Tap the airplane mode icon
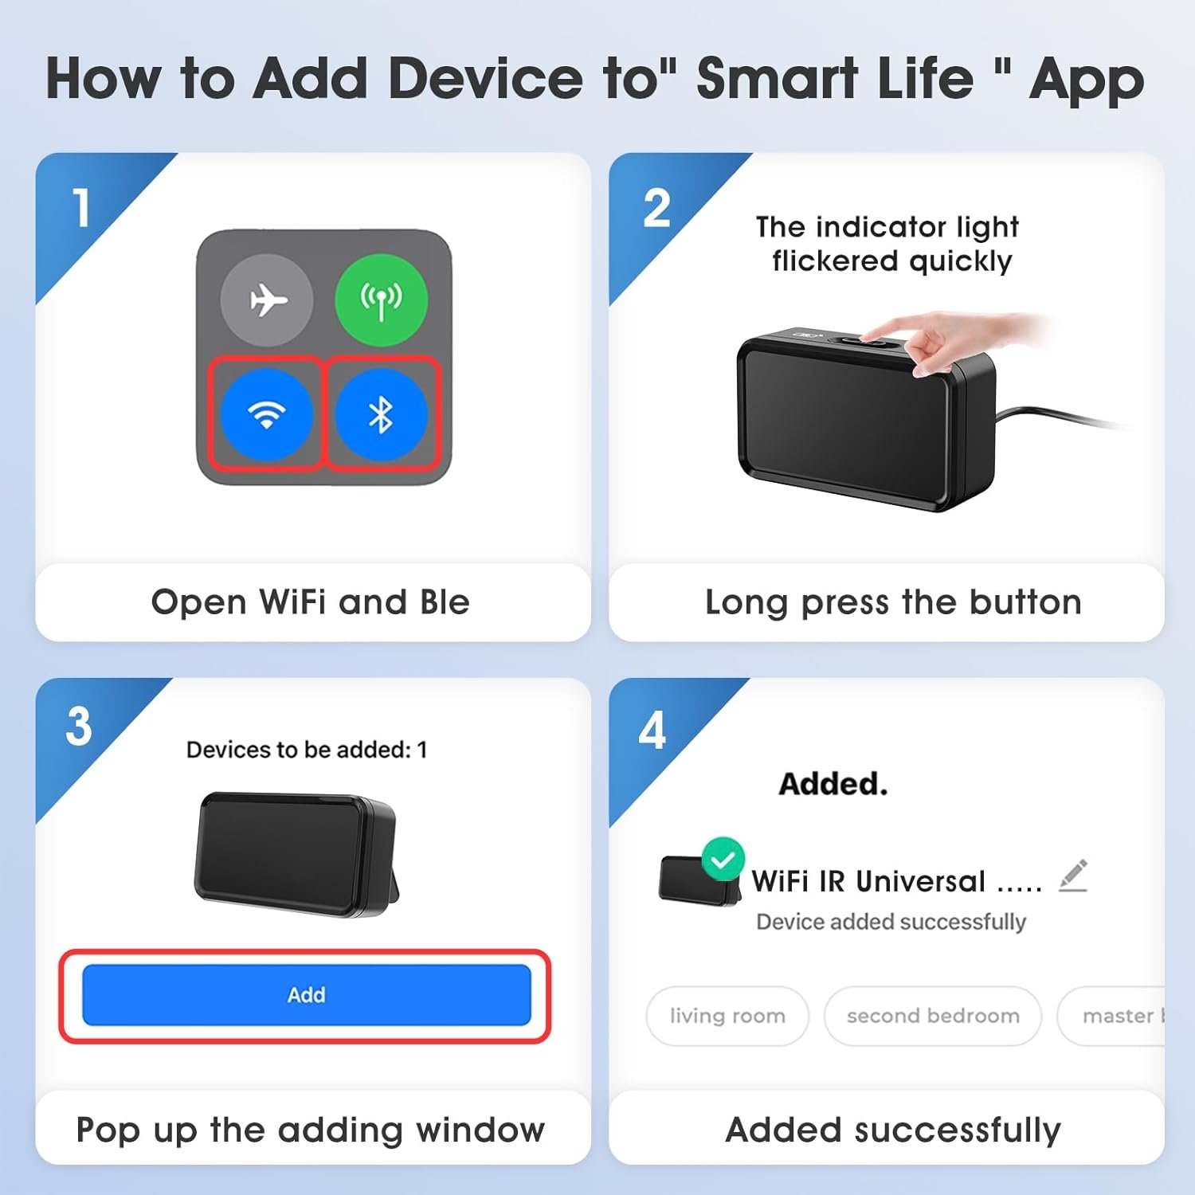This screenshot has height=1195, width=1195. [267, 300]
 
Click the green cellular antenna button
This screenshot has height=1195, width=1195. [381, 300]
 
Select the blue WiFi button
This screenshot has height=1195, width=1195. [267, 414]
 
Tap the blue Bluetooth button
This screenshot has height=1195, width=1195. [381, 414]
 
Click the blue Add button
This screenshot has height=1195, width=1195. [307, 995]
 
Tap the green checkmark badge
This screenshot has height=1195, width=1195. [723, 859]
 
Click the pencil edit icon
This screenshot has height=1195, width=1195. [1073, 876]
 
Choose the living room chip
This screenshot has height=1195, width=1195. [727, 1016]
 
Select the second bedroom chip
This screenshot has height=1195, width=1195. [933, 1016]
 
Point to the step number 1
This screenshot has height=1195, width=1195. [81, 208]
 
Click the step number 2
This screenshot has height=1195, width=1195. [657, 209]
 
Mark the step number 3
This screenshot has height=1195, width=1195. [79, 727]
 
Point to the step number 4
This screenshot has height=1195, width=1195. [652, 730]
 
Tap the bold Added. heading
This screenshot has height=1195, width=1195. [833, 784]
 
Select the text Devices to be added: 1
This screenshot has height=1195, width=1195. [307, 750]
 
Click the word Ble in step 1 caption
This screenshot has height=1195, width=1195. [445, 602]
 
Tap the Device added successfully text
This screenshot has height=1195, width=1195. [891, 922]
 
